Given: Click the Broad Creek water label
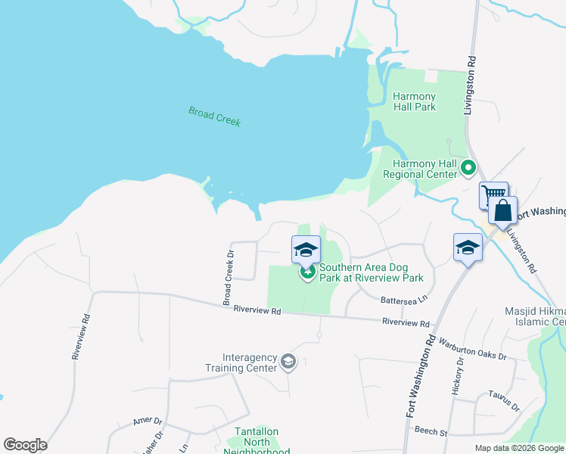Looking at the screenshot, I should point(214,117).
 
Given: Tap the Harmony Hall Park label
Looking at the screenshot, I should point(414,101).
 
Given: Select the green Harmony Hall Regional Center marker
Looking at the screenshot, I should point(468,168).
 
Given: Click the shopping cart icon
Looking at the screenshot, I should point(493,195).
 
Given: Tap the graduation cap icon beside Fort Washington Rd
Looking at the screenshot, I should point(468,247).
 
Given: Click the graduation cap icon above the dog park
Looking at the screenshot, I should point(306,249).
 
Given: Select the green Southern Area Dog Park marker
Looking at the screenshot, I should point(307,272).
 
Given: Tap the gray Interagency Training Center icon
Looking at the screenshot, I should point(288,362).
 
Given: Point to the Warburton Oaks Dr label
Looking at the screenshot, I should point(471,349).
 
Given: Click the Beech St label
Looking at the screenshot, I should point(431,431).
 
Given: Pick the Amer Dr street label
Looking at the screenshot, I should point(148,421).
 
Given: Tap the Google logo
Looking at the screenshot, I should point(25,445).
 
